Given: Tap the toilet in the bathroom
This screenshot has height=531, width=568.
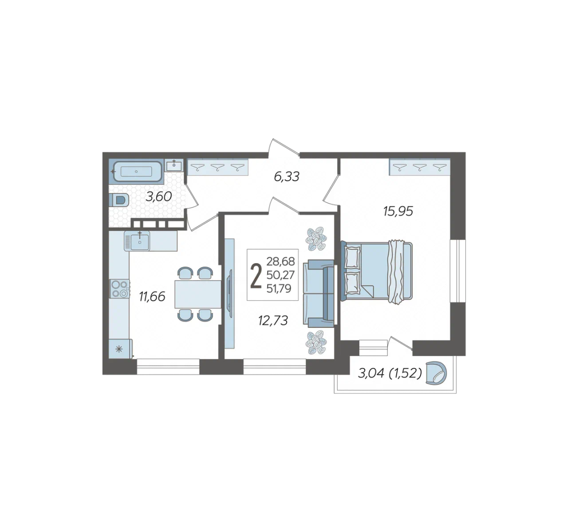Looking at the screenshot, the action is [x=119, y=200].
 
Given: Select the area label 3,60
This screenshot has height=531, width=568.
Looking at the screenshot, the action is [x=159, y=197].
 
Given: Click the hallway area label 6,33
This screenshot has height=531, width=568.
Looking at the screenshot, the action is [x=287, y=177].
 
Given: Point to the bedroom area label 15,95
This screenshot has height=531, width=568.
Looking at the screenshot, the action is [x=398, y=211].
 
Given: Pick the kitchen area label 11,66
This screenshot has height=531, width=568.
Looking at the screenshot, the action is [x=152, y=296].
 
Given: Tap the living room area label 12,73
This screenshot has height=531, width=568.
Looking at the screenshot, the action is [x=273, y=320].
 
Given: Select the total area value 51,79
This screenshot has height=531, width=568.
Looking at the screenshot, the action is [x=279, y=289].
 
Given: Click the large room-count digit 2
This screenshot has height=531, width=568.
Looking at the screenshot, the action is [x=256, y=276].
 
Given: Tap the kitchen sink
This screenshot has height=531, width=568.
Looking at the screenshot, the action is [x=137, y=241].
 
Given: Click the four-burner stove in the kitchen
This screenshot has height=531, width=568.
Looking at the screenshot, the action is [x=120, y=289].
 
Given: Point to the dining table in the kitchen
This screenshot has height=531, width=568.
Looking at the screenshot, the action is [x=198, y=294].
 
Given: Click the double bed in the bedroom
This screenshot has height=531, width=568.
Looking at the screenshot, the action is [x=377, y=271].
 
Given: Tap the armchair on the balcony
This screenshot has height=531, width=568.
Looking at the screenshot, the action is [x=436, y=373].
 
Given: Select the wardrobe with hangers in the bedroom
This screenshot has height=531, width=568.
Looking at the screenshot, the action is [x=419, y=167].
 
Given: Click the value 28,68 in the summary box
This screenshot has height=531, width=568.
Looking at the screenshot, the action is [x=281, y=261].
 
